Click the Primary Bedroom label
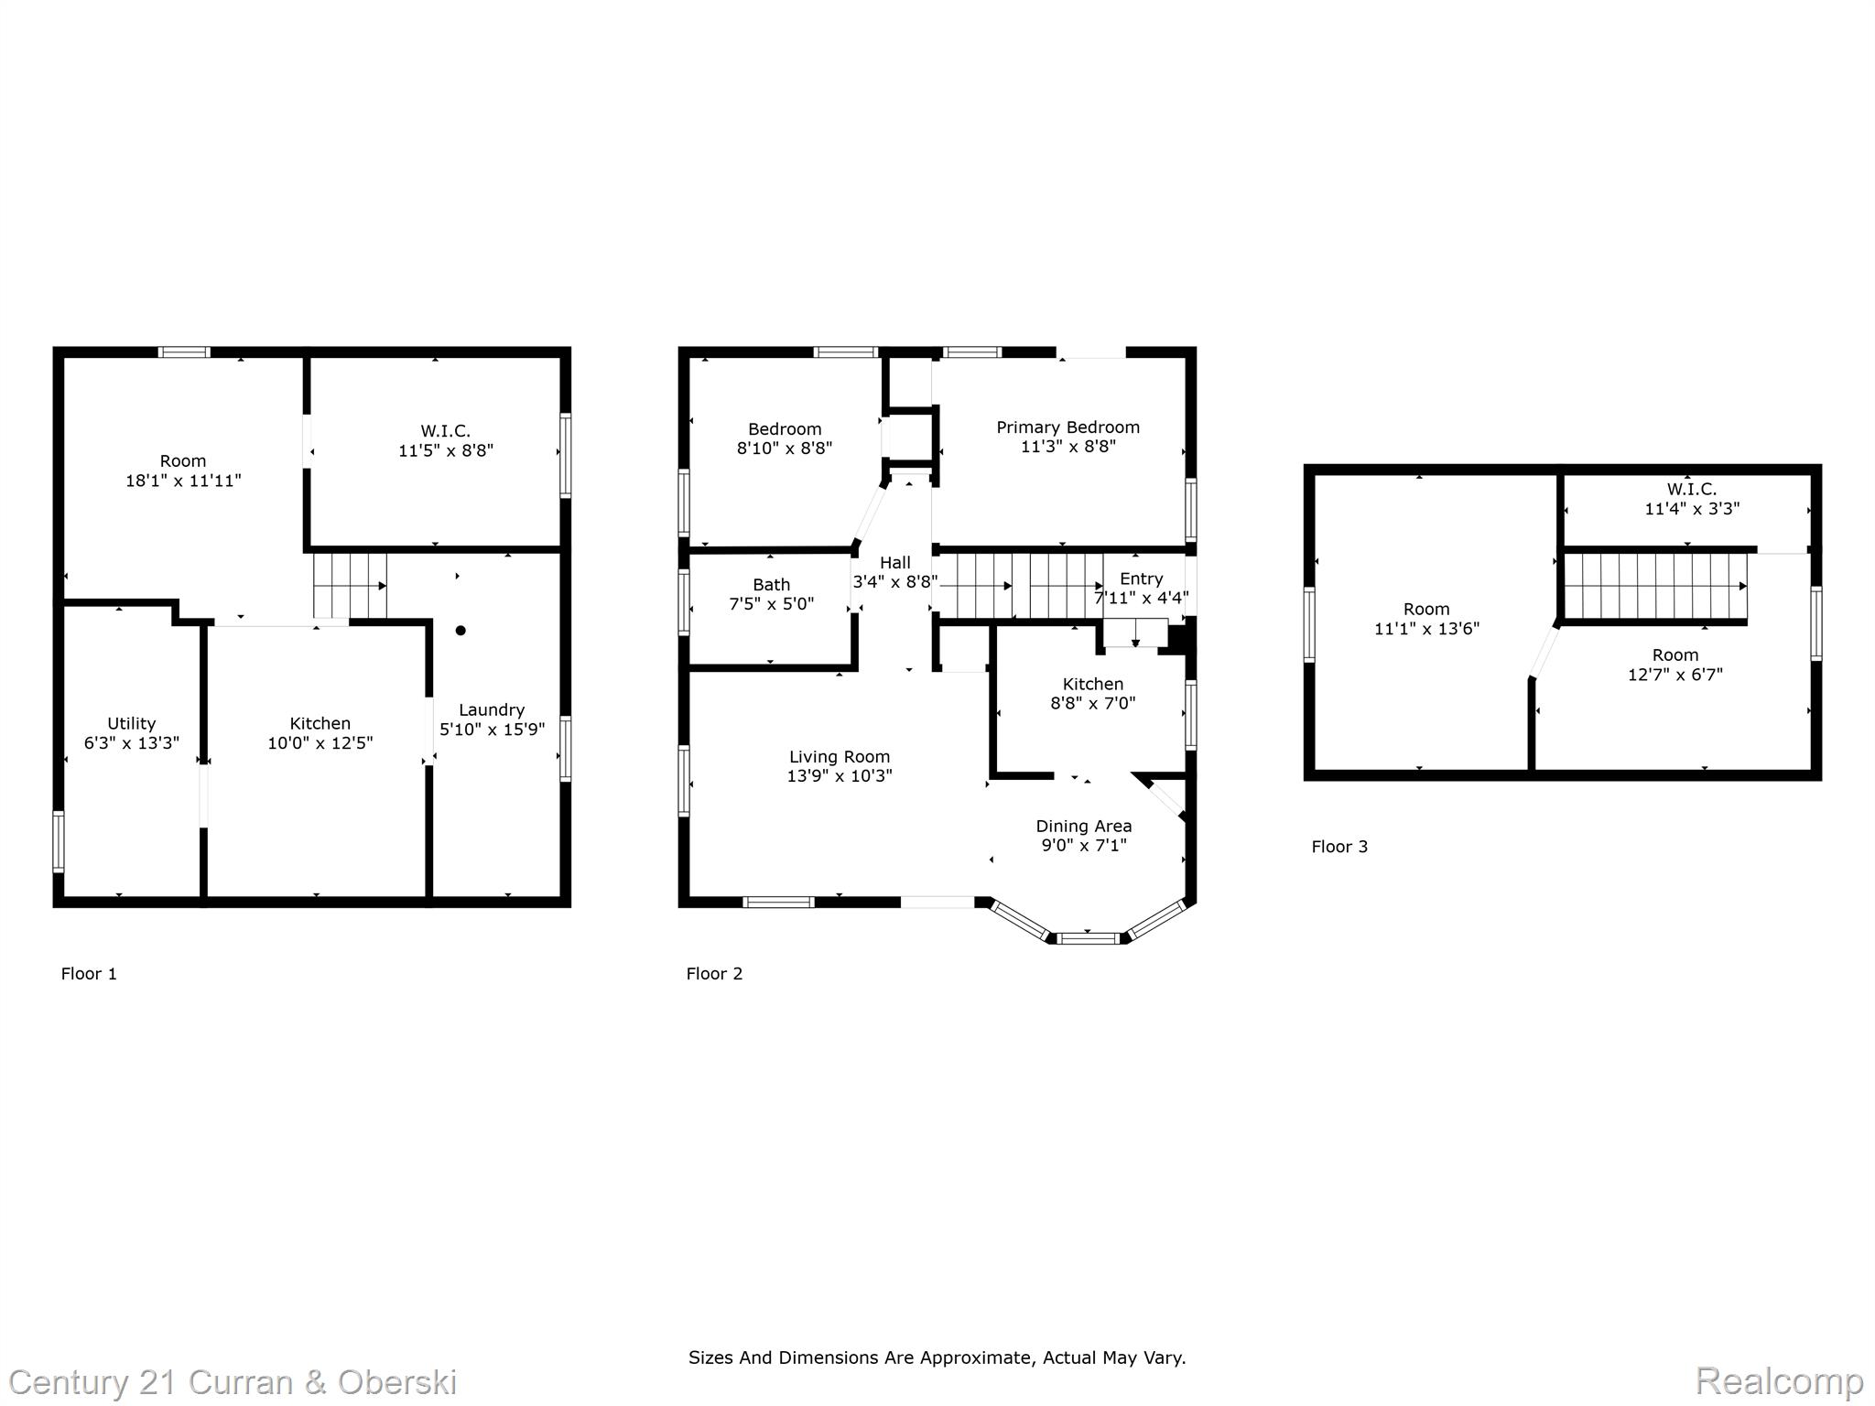tap(1068, 427)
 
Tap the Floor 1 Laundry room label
tap(492, 709)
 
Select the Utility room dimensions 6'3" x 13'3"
tap(132, 743)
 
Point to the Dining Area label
tap(1084, 826)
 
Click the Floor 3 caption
tap(1339, 847)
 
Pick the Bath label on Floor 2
tap(771, 584)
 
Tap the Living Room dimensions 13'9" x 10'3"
tap(840, 776)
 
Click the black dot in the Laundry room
tap(461, 630)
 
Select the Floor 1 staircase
tap(350, 586)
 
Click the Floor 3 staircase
tap(1655, 586)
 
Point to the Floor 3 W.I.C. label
tap(1691, 490)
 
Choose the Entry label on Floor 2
tap(1141, 579)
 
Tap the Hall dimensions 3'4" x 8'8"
tap(895, 581)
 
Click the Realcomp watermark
tap(1779, 1380)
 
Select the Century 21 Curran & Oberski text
tap(233, 1381)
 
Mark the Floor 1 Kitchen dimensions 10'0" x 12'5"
tap(320, 743)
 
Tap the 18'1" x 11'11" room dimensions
tap(183, 481)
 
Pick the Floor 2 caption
tap(714, 974)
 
